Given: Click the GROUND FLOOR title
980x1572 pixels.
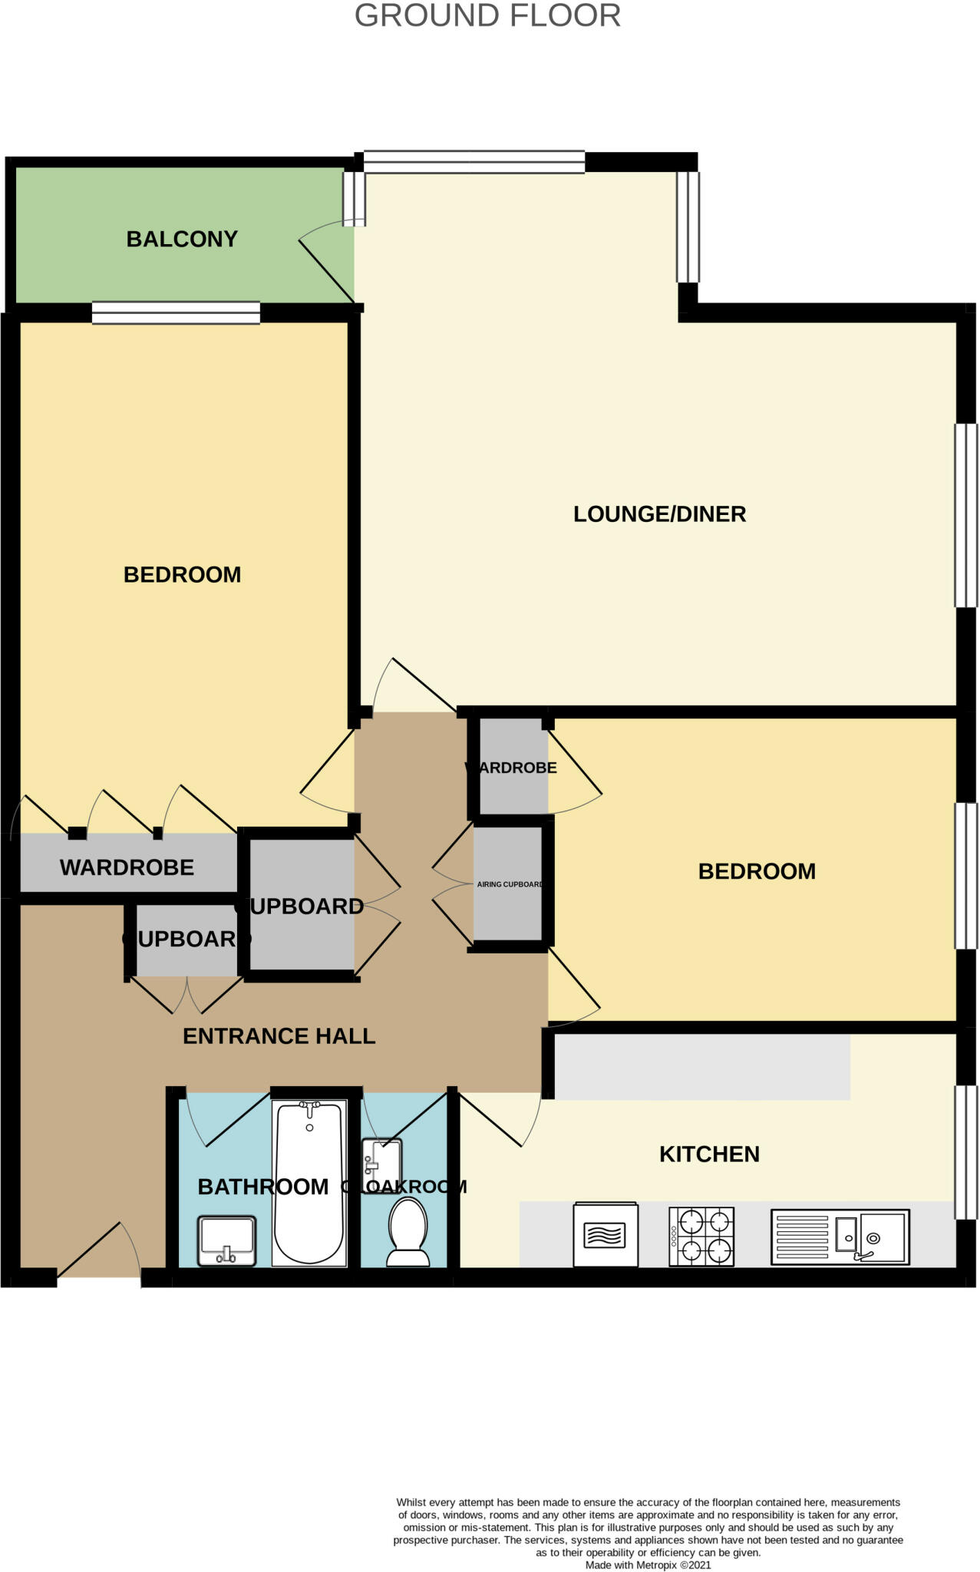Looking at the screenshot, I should tap(487, 16).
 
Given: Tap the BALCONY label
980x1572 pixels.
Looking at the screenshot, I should tap(182, 239).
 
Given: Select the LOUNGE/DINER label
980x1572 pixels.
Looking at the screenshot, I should tap(659, 514).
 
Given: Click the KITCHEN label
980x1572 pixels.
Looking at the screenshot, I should tap(709, 1154).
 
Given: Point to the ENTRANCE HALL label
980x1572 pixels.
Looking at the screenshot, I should tap(279, 1036).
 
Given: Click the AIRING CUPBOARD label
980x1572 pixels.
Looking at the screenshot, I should tap(510, 884).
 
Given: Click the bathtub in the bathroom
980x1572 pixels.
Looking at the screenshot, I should tap(309, 1183).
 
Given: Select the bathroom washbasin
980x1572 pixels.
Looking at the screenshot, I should tap(226, 1240).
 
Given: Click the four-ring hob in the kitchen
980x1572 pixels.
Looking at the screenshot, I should tap(701, 1237).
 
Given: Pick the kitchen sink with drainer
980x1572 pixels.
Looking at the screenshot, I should tap(840, 1237).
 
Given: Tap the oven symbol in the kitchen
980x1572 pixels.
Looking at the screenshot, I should tap(605, 1233).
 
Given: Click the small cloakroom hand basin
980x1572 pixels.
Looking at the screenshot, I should tap(381, 1165).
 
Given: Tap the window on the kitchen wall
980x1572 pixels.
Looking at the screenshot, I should tap(965, 1152).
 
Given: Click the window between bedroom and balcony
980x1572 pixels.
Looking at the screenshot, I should tap(176, 312).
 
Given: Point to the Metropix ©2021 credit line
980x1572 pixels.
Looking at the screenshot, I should tap(648, 1564).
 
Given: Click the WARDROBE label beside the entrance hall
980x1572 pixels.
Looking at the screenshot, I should tap(127, 867).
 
